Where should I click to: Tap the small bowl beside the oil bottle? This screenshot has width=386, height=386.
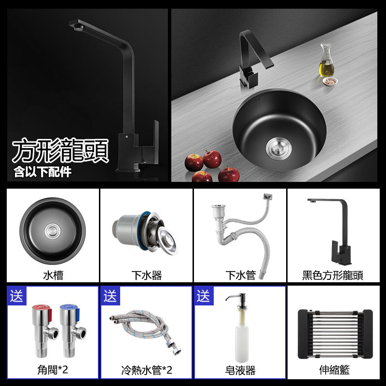[330, 81]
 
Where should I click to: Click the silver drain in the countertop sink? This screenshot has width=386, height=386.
[278, 149]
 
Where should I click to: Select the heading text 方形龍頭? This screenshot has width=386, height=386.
[60, 151]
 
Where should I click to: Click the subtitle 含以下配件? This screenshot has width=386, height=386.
[42, 172]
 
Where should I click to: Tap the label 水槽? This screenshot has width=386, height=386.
[53, 275]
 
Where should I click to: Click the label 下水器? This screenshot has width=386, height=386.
[147, 275]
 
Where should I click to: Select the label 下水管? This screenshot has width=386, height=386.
[240, 275]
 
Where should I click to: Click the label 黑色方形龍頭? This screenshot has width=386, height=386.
[332, 275]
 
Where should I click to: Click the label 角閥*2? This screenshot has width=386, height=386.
[53, 370]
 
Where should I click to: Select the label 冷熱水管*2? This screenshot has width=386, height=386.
[147, 370]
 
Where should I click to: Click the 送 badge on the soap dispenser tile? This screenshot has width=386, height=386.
[203, 296]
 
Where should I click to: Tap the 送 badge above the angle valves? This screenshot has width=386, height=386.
[16, 296]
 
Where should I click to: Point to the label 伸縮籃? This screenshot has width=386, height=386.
[334, 370]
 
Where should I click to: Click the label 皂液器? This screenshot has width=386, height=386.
[240, 370]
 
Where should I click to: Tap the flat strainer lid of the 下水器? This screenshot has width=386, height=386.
[167, 240]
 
